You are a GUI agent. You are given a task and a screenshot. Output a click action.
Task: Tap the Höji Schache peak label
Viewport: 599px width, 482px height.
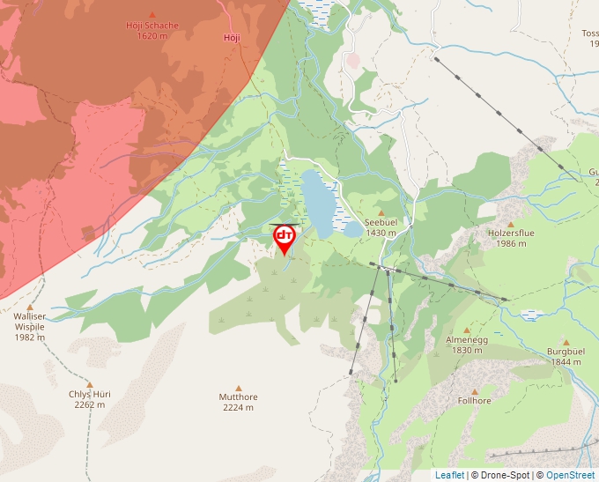[152, 30]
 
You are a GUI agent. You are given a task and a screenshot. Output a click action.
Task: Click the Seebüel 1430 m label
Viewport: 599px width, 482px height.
[381, 227]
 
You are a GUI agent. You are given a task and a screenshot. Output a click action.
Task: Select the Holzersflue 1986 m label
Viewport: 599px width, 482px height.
[511, 238]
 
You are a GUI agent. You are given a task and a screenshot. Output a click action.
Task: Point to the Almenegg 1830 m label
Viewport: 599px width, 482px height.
[466, 345]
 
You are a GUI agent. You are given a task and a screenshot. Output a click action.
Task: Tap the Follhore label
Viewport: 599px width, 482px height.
[474, 401]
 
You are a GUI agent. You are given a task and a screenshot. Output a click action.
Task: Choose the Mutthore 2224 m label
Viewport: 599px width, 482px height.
[238, 402]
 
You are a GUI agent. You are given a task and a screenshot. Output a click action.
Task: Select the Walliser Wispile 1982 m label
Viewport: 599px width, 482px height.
[29, 326]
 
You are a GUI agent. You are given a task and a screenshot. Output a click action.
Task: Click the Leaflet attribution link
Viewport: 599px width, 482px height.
[449, 475]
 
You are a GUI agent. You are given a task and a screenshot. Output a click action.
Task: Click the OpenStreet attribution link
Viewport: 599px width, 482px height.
[570, 475]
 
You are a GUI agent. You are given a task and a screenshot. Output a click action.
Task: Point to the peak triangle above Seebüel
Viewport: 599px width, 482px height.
[381, 212]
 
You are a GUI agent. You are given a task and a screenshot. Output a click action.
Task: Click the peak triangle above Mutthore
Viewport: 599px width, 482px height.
[238, 385]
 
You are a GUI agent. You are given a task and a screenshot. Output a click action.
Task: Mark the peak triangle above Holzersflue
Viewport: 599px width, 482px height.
[510, 224]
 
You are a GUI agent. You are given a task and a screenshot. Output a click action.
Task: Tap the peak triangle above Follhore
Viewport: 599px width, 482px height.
[474, 390]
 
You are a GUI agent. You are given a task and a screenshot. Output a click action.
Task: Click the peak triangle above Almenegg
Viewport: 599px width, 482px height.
[466, 330]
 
